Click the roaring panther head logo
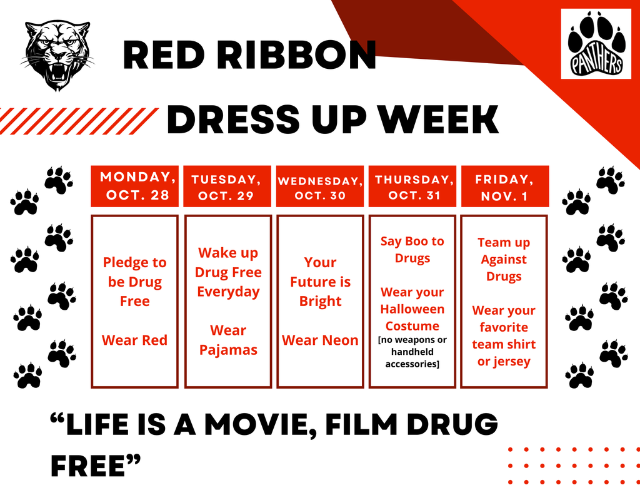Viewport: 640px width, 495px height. [x=58, y=54]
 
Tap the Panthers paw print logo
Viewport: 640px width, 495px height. [x=596, y=44]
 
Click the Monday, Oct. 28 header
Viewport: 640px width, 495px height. [x=134, y=186]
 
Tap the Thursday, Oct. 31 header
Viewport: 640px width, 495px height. [x=412, y=186]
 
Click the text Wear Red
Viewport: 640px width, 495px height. [x=134, y=340]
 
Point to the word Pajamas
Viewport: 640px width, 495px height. [x=228, y=350]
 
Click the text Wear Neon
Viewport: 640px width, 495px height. [x=320, y=340]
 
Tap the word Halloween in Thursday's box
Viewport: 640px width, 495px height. [x=412, y=309]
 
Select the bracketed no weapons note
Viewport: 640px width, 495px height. [x=412, y=352]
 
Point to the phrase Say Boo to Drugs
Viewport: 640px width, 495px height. [x=412, y=249]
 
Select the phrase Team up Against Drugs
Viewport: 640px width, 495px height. [x=504, y=259]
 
